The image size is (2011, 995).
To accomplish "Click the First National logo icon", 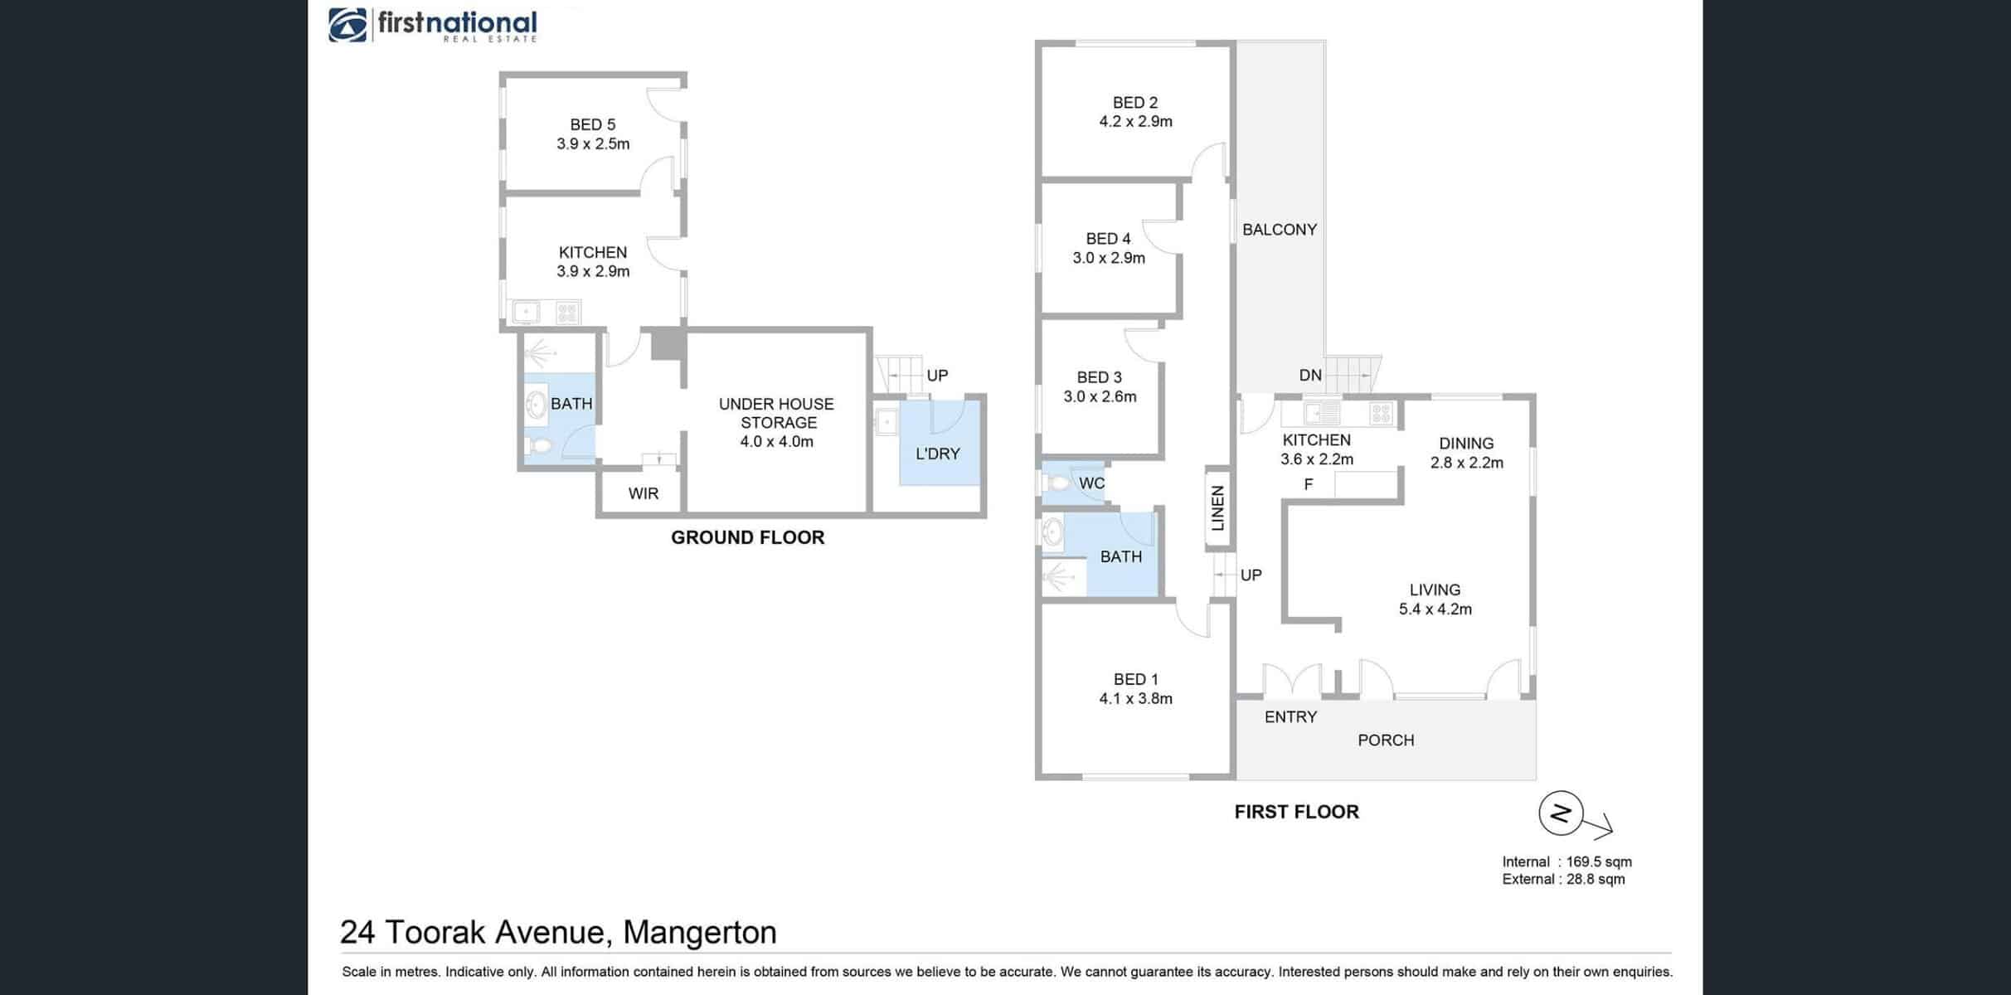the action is click(347, 25).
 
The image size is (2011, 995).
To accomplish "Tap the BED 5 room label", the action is click(593, 124).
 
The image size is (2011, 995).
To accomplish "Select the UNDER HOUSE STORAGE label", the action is click(776, 413).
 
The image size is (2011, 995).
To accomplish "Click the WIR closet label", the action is click(644, 493).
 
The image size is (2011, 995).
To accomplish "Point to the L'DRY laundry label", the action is click(938, 454).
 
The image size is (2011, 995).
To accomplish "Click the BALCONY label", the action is click(1280, 230).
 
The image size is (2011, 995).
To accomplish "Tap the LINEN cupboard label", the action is click(1217, 508).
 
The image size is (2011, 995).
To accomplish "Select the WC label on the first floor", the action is click(1092, 483).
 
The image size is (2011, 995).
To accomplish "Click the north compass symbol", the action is click(1562, 813).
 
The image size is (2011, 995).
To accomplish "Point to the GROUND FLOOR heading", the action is click(748, 537).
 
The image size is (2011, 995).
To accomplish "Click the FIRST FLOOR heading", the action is click(1297, 812).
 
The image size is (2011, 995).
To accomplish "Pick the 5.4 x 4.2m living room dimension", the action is click(1435, 609).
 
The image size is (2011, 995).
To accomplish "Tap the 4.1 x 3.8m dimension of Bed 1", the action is click(1136, 699).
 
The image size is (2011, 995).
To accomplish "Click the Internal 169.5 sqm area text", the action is click(1567, 862).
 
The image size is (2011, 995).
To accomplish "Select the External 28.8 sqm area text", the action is click(1564, 879).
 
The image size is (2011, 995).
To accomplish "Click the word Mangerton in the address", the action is click(700, 933).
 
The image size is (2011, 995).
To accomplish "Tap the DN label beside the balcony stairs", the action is click(1310, 376).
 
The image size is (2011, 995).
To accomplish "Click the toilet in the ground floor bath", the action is click(539, 446).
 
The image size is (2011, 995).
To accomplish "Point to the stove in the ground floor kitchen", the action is click(567, 312).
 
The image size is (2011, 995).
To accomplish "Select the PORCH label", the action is click(1386, 740).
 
